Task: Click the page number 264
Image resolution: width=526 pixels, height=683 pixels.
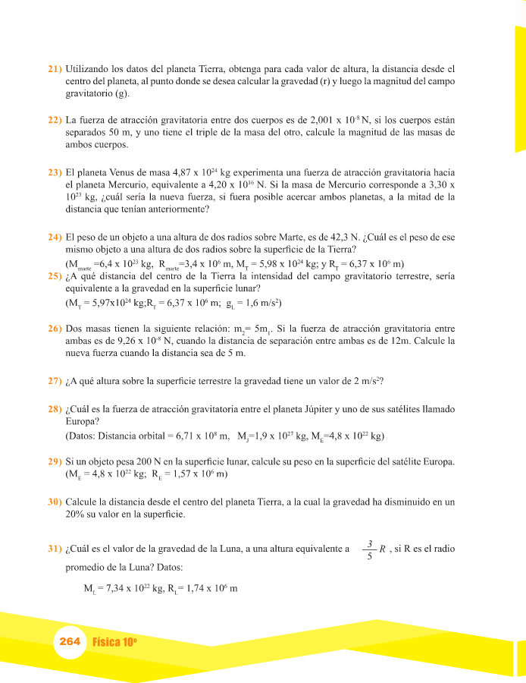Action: point(70,641)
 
